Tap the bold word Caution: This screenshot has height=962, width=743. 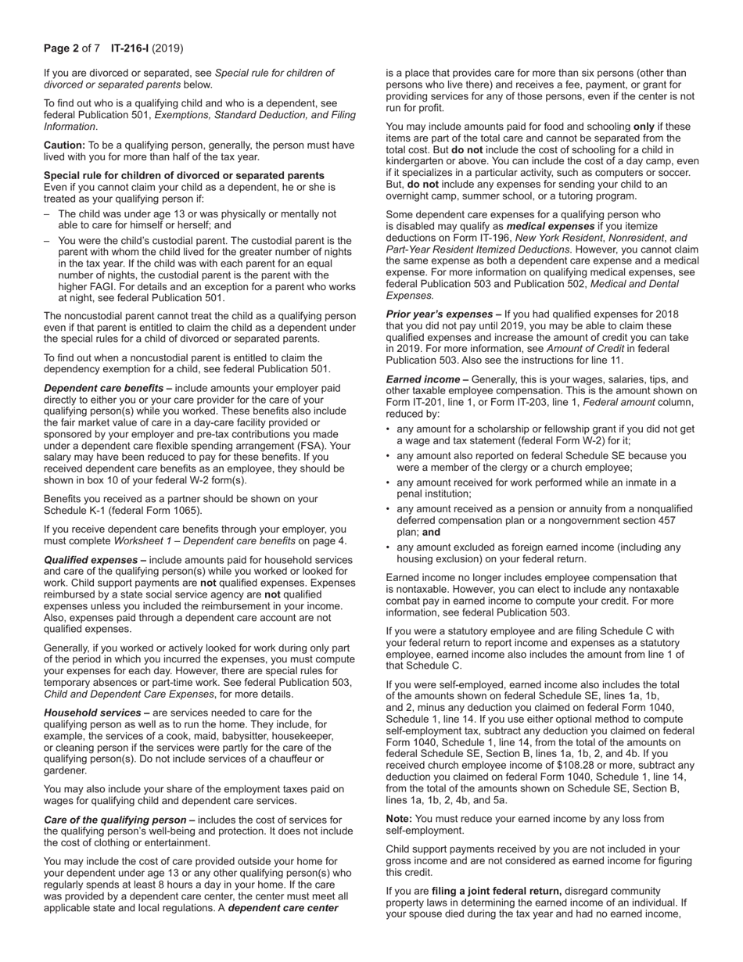(x=64, y=145)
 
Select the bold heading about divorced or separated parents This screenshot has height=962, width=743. (x=184, y=176)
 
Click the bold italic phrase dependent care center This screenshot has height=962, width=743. (x=283, y=908)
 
